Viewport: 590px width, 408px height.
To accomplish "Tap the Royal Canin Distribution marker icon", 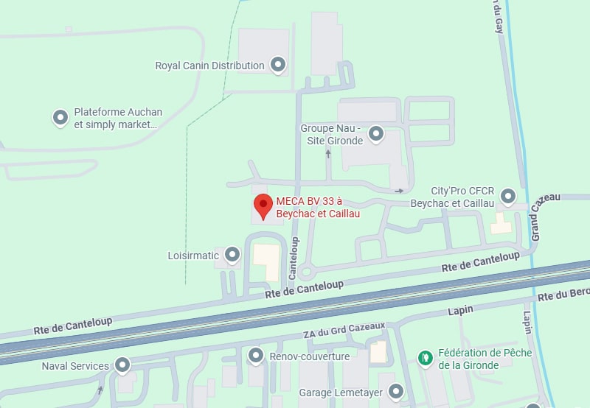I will point(278,65).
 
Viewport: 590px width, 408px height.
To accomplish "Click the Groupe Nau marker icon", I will point(376,134).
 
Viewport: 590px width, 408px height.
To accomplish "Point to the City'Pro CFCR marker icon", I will point(508,196).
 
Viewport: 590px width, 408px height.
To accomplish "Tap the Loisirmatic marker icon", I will point(232,255).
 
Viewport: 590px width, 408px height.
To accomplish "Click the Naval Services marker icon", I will point(122,365).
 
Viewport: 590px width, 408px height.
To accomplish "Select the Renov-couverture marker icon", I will point(255,356).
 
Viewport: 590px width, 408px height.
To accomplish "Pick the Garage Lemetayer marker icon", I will point(396,392).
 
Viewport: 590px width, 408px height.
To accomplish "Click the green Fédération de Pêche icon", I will point(425,358).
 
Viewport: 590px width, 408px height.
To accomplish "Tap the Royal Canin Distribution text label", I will point(209,66).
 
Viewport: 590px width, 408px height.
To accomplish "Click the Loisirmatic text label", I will point(193,256).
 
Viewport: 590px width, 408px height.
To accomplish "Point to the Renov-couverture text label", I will point(310,356).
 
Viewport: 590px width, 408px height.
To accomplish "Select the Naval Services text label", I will point(75,365).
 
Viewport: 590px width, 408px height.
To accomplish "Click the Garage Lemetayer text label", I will point(341,393).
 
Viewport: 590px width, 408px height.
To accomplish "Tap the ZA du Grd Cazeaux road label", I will point(344,330).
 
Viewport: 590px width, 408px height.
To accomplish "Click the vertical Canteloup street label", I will point(294,257).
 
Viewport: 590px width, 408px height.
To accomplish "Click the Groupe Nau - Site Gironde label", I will point(330,134).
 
